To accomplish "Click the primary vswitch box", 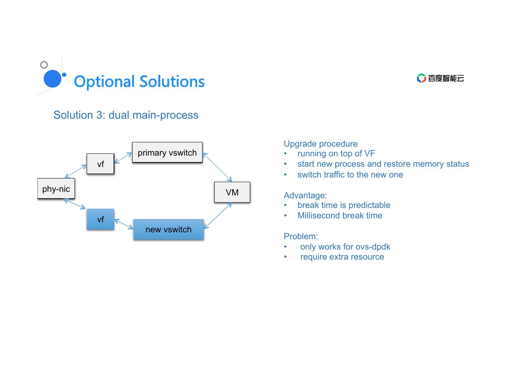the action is [167, 152].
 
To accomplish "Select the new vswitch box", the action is [168, 229].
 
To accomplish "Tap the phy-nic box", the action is [56, 189].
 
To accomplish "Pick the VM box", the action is [232, 192].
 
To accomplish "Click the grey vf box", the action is [100, 163].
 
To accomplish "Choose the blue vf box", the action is [100, 219].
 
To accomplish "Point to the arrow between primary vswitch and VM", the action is [217, 167].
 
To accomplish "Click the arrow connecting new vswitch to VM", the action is [218, 216].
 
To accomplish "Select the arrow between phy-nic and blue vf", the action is [75, 204].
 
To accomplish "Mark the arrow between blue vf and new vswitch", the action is [124, 224].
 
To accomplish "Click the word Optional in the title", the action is [104, 82].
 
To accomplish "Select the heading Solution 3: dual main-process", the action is [126, 115].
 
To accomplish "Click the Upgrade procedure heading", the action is [320, 144].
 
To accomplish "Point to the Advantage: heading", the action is [305, 195].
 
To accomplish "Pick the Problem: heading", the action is [301, 236].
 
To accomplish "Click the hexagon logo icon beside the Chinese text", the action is [421, 78].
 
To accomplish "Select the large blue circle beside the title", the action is [53, 79].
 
